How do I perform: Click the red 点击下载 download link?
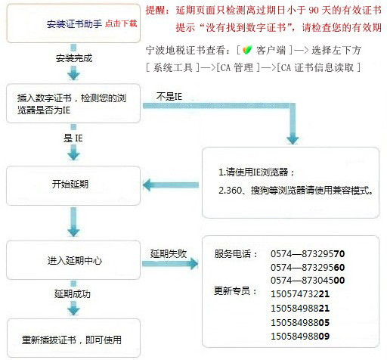point(121,23)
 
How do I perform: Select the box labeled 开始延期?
point(73,185)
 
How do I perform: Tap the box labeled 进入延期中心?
point(73,260)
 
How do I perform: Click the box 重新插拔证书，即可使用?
point(73,338)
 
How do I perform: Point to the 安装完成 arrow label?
point(74,58)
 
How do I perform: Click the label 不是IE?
point(169,97)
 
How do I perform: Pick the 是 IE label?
point(73,138)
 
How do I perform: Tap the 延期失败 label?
point(169,253)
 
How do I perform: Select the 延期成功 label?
point(73,293)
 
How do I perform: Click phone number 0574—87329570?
point(308,253)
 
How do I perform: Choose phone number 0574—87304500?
point(308,280)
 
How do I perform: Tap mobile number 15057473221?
point(300,294)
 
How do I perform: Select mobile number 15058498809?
point(300,336)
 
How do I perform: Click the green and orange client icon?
point(247,49)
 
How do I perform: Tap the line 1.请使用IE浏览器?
point(256,172)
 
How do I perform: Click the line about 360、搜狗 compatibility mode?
point(296,191)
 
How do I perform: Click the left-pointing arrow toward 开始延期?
point(171,185)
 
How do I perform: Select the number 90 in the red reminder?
point(314,10)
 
